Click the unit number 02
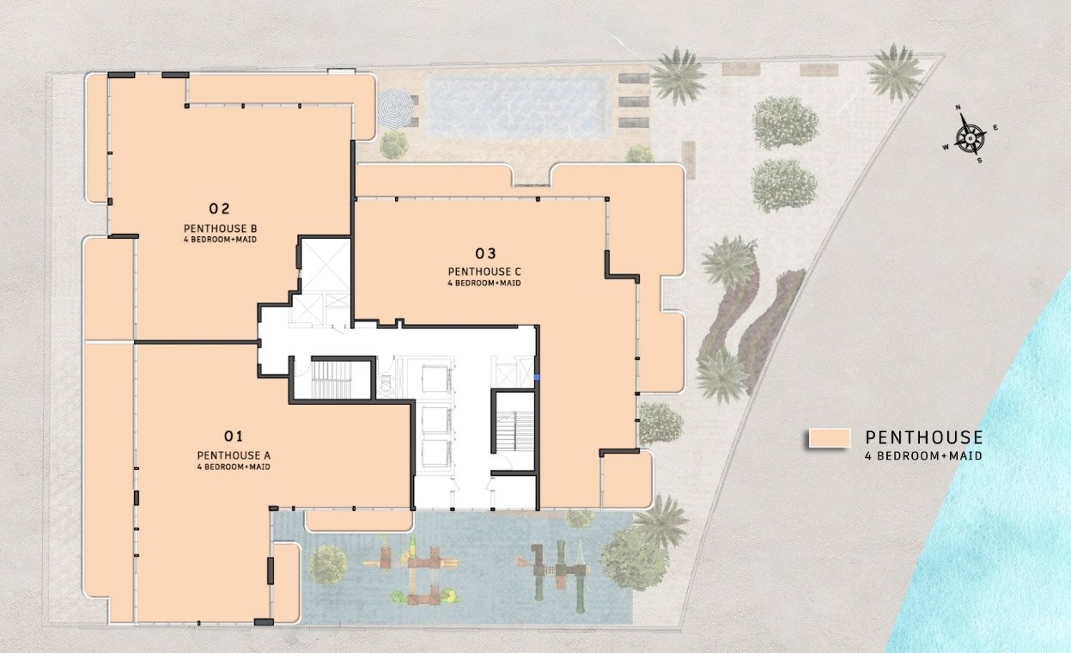pyautogui.click(x=220, y=209)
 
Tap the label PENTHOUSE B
pyautogui.click(x=221, y=229)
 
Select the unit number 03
pyautogui.click(x=485, y=253)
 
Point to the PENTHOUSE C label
pyautogui.click(x=484, y=272)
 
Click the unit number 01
pyautogui.click(x=234, y=436)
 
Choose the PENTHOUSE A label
pyautogui.click(x=234, y=455)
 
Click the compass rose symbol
pyautogui.click(x=971, y=137)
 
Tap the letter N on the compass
pyautogui.click(x=958, y=107)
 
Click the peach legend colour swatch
pyautogui.click(x=830, y=437)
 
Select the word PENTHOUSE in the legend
pyautogui.click(x=924, y=437)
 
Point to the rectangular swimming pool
pyautogui.click(x=516, y=107)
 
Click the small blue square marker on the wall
pyautogui.click(x=537, y=377)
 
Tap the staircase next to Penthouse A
pyautogui.click(x=332, y=380)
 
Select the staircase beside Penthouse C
pyautogui.click(x=514, y=431)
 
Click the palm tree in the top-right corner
pyautogui.click(x=895, y=73)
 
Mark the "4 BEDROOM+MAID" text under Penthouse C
pyautogui.click(x=484, y=284)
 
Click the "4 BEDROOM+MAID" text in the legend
pyautogui.click(x=924, y=456)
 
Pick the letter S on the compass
pyautogui.click(x=979, y=161)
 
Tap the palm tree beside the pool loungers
pyautogui.click(x=679, y=76)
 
